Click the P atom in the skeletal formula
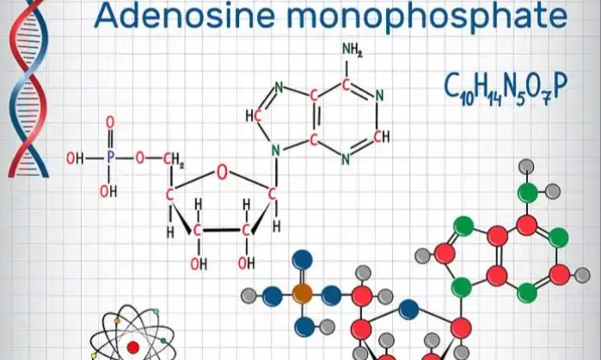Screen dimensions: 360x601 [x=109, y=159]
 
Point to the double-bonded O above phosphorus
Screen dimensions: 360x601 [x=109, y=124]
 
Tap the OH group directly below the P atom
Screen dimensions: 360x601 [x=108, y=192]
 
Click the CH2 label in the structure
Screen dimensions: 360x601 [x=175, y=160]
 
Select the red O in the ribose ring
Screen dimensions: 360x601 [x=222, y=173]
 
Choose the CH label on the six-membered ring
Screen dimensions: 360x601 [x=382, y=137]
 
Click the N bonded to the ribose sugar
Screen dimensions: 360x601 [x=275, y=150]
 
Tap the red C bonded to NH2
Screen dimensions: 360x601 [x=346, y=85]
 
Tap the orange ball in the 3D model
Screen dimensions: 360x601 [x=301, y=293]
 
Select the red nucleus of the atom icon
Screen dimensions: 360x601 [x=133, y=347]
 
